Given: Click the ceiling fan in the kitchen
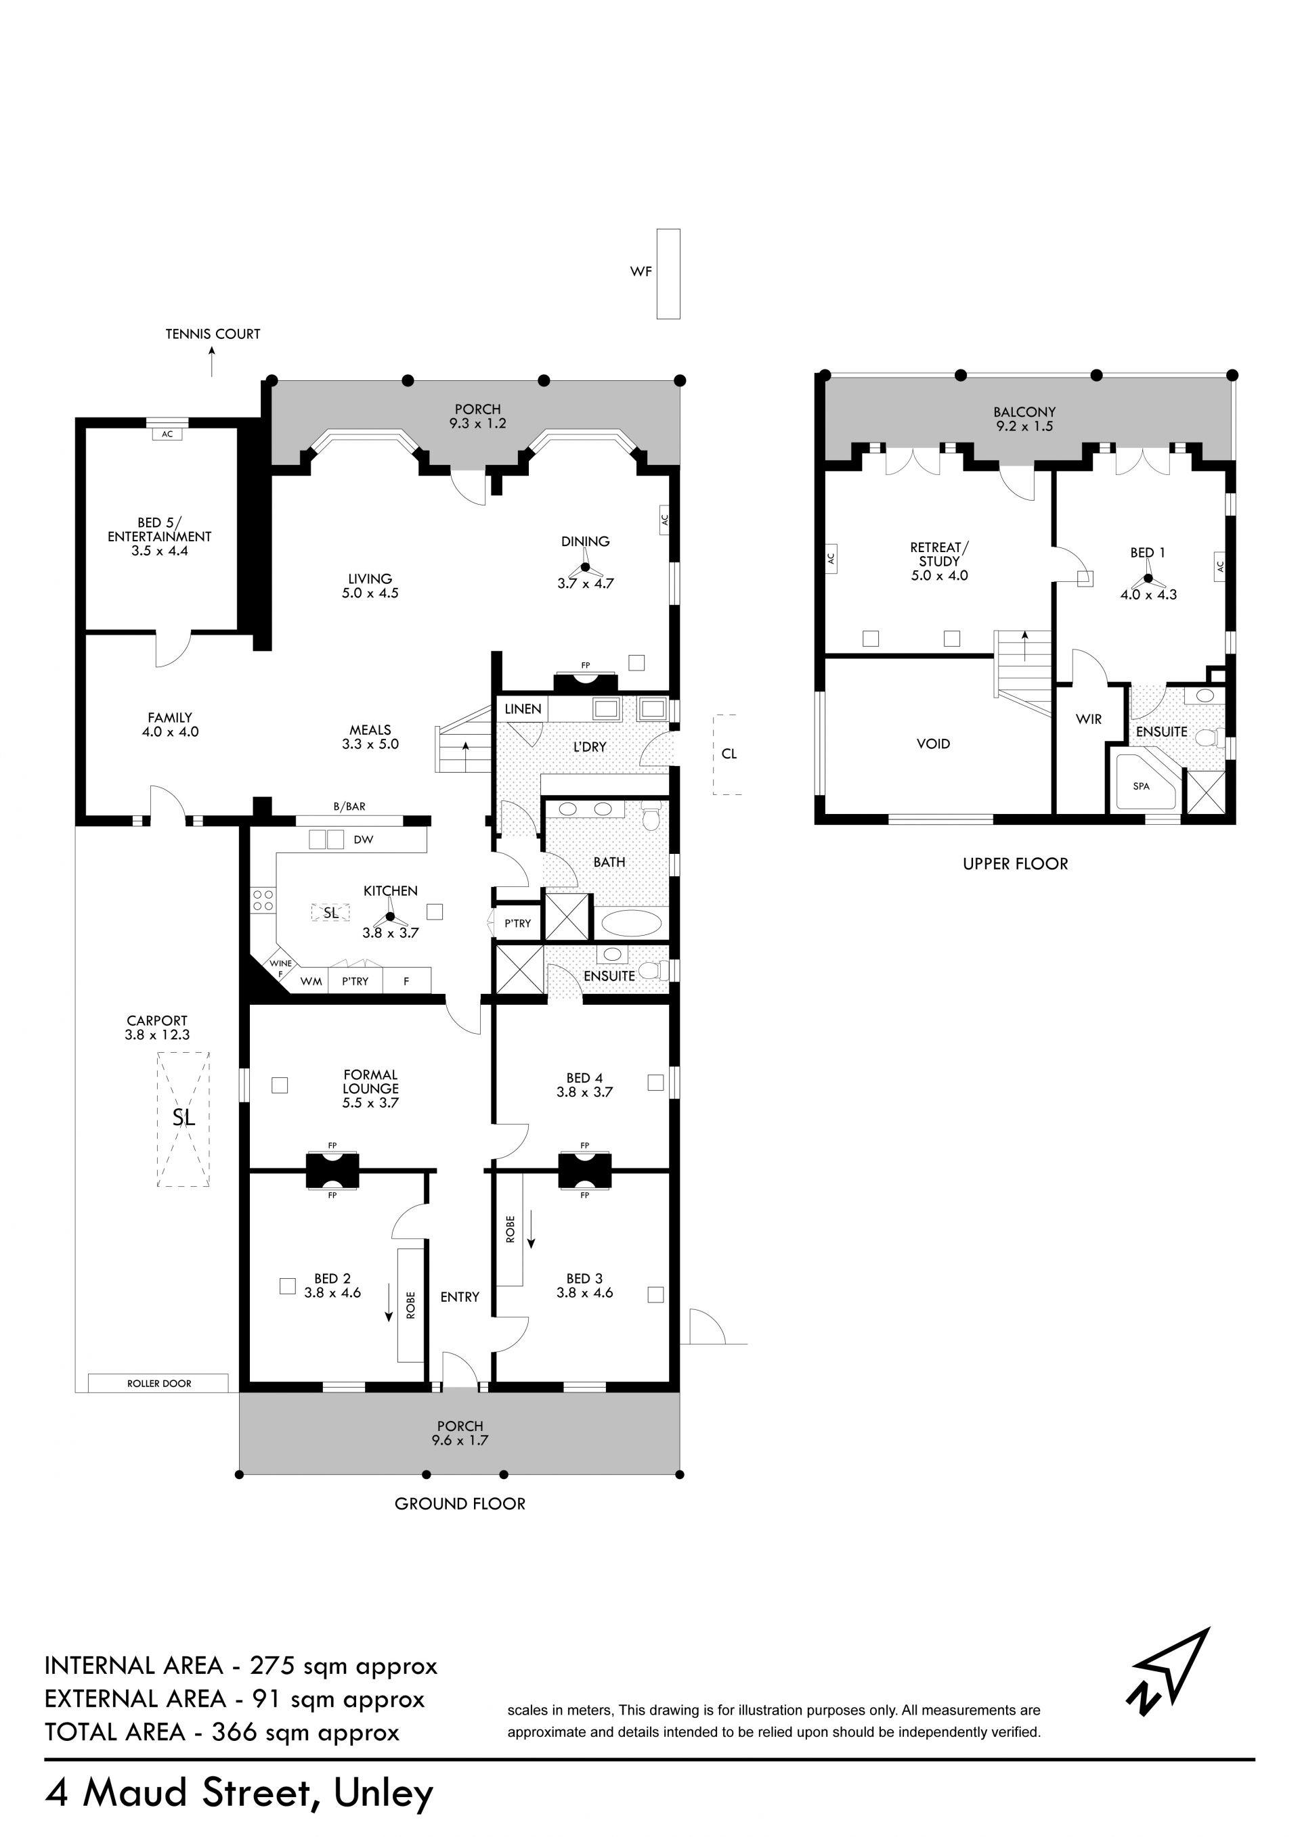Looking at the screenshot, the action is click(x=391, y=917).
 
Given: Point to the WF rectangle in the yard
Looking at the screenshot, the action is click(x=668, y=273).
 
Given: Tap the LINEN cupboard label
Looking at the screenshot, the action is click(x=523, y=709).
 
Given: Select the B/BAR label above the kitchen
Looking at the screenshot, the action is click(x=350, y=807).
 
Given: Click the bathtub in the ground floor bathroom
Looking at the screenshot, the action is click(x=632, y=924).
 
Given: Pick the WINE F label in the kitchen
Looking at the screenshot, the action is click(x=280, y=968).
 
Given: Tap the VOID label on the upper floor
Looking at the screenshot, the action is click(x=934, y=744).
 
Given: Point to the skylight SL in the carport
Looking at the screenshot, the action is click(x=183, y=1118).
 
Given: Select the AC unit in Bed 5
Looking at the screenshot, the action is click(x=167, y=434).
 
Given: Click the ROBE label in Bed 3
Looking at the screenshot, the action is click(x=510, y=1229).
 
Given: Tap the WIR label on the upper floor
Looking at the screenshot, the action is click(x=1089, y=719).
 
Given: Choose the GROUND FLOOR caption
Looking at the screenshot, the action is click(x=460, y=1504).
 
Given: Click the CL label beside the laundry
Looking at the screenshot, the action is click(x=729, y=754).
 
